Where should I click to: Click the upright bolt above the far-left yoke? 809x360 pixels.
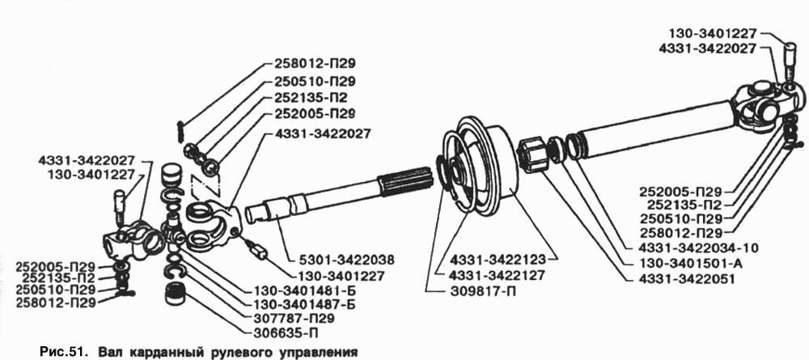(x=119, y=206)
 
